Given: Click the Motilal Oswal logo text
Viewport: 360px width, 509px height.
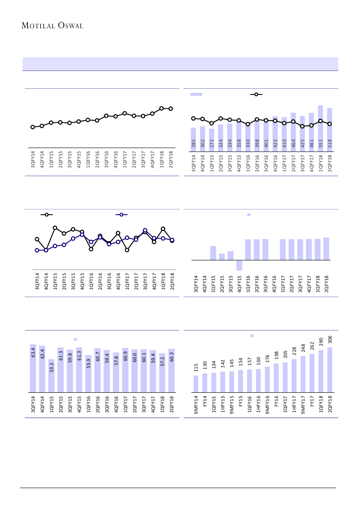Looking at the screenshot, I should click(52, 26).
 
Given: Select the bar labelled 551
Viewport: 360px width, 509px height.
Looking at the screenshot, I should click(320, 126).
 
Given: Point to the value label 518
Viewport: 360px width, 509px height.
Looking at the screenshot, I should click(330, 144).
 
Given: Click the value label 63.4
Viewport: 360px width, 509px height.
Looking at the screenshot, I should click(33, 352).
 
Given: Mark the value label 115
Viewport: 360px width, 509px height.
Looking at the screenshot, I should click(196, 368).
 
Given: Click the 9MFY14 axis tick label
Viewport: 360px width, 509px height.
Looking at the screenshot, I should click(196, 405).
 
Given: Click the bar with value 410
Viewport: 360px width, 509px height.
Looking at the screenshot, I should click(284, 133).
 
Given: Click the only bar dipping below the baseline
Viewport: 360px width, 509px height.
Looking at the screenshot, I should click(239, 265).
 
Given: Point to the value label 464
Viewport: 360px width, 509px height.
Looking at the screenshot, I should click(293, 144).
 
